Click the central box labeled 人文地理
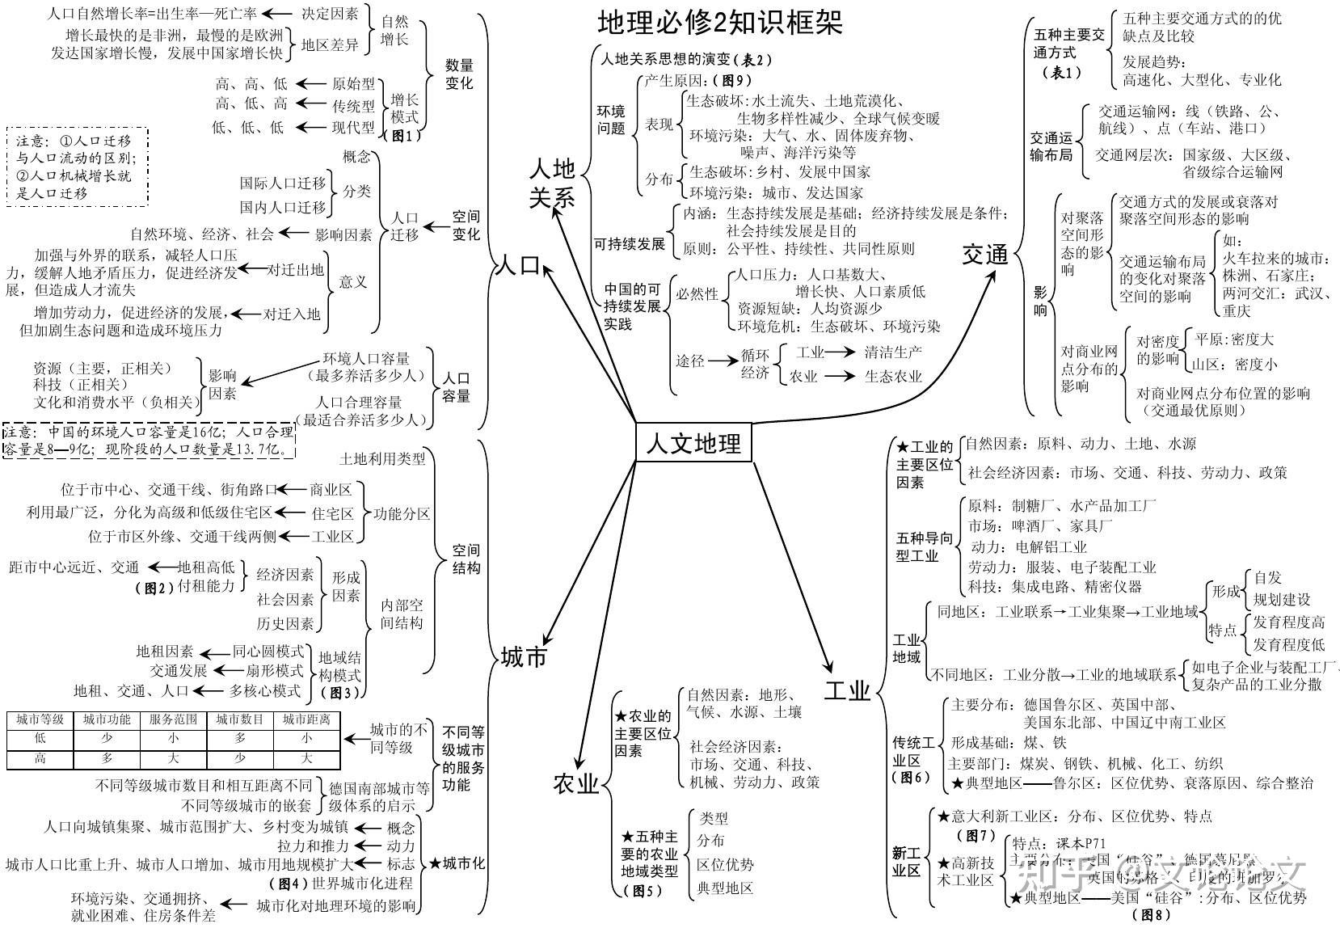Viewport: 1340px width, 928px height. (x=693, y=442)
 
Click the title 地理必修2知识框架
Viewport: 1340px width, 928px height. (x=719, y=23)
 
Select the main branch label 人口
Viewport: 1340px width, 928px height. (x=516, y=265)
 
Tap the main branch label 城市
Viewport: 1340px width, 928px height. (x=523, y=656)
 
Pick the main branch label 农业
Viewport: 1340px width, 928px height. (x=576, y=782)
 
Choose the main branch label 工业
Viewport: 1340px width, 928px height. (x=847, y=690)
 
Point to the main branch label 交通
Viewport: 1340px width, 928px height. (x=984, y=255)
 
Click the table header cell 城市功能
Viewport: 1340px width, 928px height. (x=107, y=719)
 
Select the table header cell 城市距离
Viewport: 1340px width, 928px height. (x=306, y=719)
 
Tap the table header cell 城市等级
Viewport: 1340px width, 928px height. (x=40, y=719)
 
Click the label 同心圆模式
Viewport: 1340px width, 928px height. (x=268, y=651)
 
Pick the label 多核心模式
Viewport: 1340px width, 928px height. (x=264, y=690)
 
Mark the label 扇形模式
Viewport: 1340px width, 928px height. (x=276, y=670)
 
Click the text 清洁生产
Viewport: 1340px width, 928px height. (x=892, y=352)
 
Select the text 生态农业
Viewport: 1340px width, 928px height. (x=892, y=376)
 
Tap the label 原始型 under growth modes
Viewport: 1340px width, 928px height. (x=353, y=83)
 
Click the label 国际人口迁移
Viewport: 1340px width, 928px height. (x=282, y=183)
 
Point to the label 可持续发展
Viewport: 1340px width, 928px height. (x=630, y=243)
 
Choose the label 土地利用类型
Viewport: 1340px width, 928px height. (x=382, y=458)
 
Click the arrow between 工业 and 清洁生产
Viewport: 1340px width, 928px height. (x=840, y=352)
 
